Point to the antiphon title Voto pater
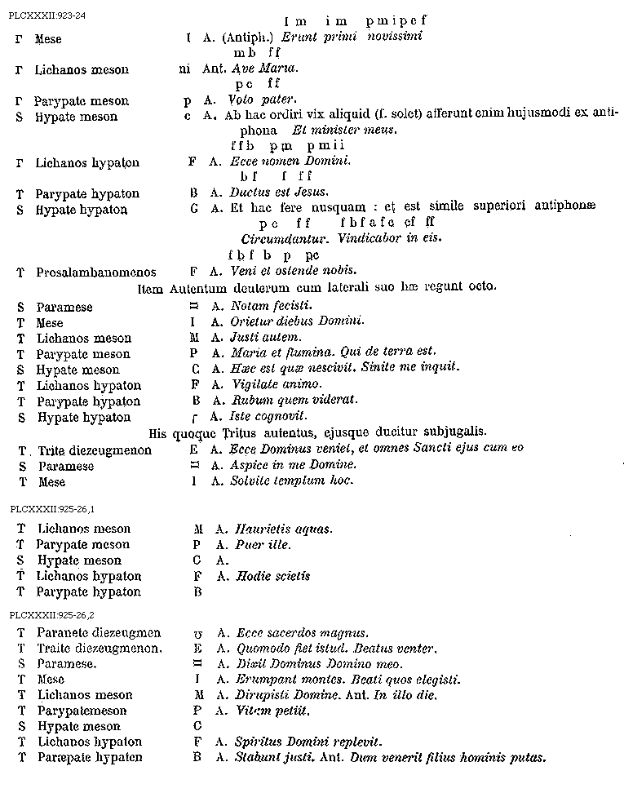click(263, 101)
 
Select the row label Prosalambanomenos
click(96, 272)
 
